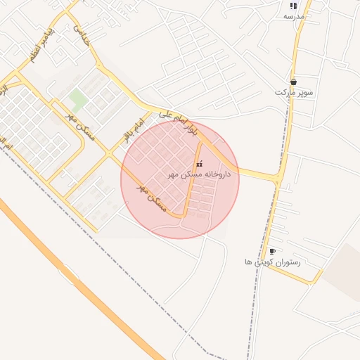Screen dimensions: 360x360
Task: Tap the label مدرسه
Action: (x=294, y=15)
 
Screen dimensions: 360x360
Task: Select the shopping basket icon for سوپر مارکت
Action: (x=293, y=82)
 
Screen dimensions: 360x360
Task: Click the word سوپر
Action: (x=304, y=93)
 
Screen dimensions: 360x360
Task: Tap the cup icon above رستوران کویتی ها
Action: (x=272, y=251)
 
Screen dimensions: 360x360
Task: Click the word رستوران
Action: (x=288, y=262)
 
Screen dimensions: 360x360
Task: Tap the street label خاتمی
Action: (x=82, y=35)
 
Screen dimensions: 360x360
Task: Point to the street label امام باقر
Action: (x=132, y=131)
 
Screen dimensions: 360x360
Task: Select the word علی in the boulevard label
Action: (x=163, y=113)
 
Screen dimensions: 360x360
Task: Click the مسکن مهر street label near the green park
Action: (x=74, y=124)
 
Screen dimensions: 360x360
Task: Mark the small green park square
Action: (x=79, y=99)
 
